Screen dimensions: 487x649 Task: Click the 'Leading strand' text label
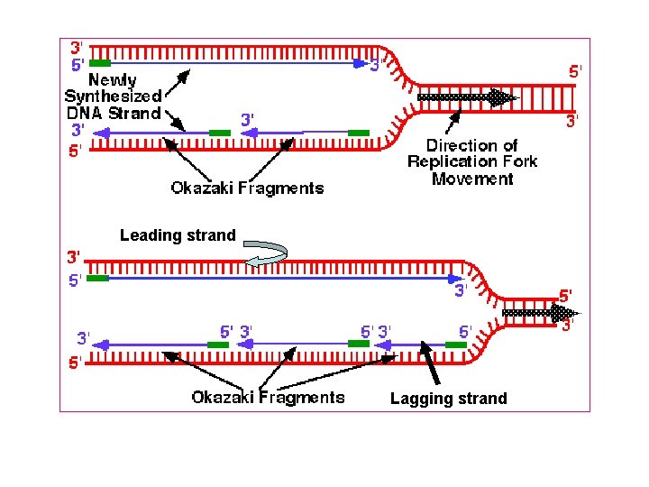[178, 235]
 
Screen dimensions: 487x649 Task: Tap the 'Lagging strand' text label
[448, 399]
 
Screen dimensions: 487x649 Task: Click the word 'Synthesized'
[114, 96]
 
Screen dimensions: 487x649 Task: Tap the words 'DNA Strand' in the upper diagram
[113, 113]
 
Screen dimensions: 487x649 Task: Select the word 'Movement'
[471, 179]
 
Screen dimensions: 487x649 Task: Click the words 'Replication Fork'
[471, 161]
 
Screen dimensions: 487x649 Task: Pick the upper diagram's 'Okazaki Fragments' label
[247, 188]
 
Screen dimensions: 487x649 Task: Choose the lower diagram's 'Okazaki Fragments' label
[268, 397]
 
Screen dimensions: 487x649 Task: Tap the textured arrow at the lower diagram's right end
[538, 313]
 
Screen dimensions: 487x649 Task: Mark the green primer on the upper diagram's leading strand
[100, 63]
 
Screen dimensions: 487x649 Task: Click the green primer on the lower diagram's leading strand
[97, 279]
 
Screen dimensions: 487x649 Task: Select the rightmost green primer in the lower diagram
[455, 345]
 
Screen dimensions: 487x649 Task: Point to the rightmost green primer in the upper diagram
[359, 133]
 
